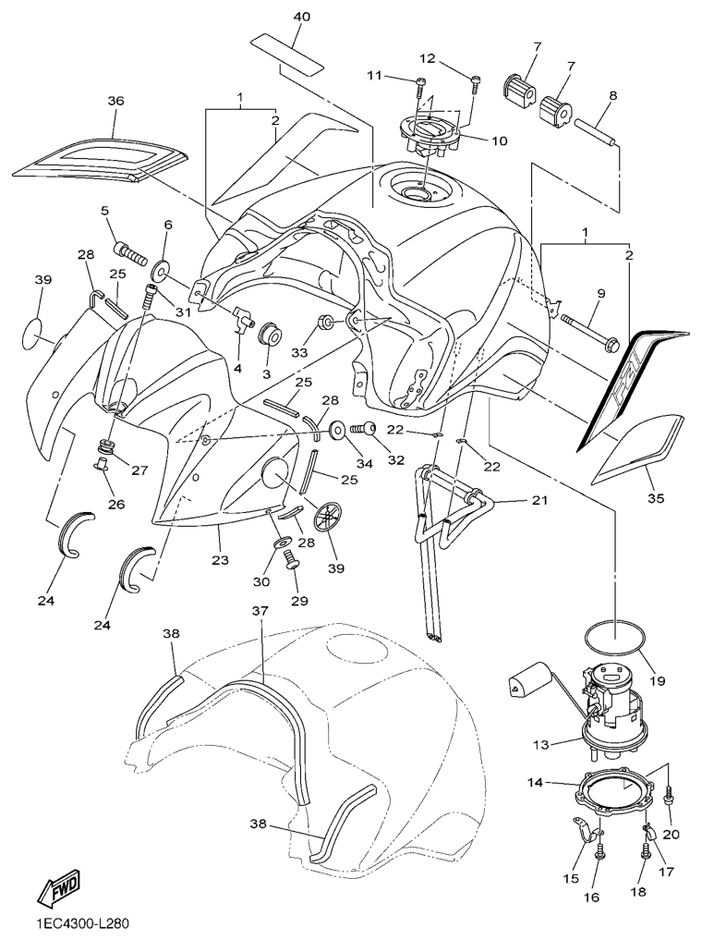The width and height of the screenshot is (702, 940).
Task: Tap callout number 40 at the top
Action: pos(302,18)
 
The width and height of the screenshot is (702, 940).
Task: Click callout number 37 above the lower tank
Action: pos(260,611)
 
